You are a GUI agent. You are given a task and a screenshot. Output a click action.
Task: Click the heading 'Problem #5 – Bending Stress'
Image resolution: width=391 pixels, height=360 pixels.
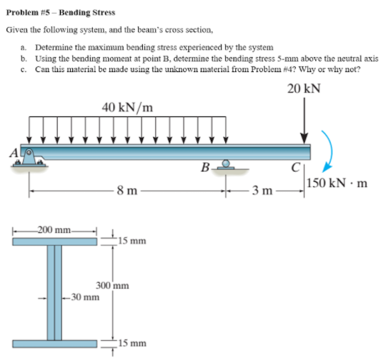[x=60, y=13]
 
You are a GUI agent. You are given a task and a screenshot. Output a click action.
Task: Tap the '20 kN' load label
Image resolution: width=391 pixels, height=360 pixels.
[x=303, y=89]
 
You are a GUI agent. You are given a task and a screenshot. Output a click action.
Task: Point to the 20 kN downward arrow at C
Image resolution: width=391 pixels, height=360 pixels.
[x=305, y=121]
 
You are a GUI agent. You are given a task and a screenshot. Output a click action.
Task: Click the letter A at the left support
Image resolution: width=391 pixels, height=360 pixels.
[x=13, y=151]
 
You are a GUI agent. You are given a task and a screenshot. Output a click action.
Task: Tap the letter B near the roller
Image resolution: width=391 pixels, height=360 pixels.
[x=205, y=169]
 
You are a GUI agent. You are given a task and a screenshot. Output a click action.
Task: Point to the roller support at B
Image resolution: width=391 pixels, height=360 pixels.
[x=225, y=166]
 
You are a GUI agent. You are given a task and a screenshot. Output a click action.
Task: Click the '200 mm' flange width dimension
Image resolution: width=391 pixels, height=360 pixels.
[x=54, y=230]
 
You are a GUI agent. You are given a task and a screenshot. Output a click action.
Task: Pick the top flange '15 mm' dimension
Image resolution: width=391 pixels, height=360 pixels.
[x=133, y=241]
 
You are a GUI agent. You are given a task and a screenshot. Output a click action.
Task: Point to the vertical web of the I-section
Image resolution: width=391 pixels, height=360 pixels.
[x=54, y=293]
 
